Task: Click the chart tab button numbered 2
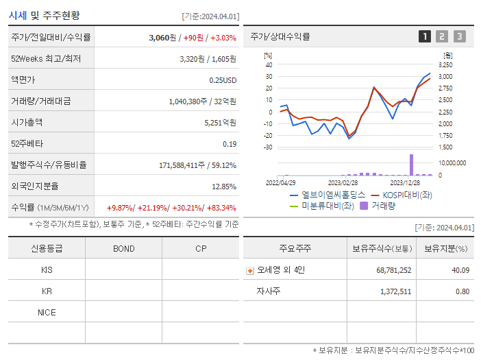(442, 36)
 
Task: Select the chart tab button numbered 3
(459, 36)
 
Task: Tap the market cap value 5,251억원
(220, 123)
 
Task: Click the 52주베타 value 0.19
(230, 144)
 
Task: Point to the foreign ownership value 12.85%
(224, 187)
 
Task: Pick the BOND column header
(123, 248)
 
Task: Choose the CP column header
(201, 248)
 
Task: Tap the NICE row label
(47, 313)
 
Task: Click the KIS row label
(47, 269)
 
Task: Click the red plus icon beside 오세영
(250, 270)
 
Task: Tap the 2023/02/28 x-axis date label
(343, 183)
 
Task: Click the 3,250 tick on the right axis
(445, 64)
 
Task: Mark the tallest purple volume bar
(412, 165)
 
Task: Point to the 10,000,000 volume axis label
(452, 163)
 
